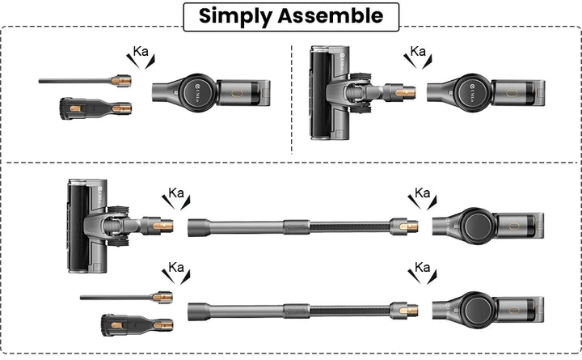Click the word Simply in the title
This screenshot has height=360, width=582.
236,16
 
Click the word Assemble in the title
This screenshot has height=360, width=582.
331,15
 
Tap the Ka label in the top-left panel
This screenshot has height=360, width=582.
141,52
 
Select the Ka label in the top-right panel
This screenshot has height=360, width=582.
418,51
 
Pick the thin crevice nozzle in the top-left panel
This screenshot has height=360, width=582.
85,81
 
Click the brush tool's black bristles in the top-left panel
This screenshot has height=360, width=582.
65,108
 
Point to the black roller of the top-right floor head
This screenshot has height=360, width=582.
320,94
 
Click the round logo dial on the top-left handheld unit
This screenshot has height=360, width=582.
197,93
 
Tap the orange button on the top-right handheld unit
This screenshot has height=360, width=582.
511,93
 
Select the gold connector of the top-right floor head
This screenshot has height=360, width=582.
405,92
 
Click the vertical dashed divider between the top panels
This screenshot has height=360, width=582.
292,100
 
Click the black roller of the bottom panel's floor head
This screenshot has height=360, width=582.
78,227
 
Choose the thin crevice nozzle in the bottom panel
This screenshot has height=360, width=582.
126,297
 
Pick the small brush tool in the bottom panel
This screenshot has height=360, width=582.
137,325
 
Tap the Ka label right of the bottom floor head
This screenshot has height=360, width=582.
176,193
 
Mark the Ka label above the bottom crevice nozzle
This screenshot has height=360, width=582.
176,267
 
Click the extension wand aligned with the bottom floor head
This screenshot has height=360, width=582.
303,227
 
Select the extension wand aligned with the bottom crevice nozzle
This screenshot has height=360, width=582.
303,311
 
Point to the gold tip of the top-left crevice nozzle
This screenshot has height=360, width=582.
121,81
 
